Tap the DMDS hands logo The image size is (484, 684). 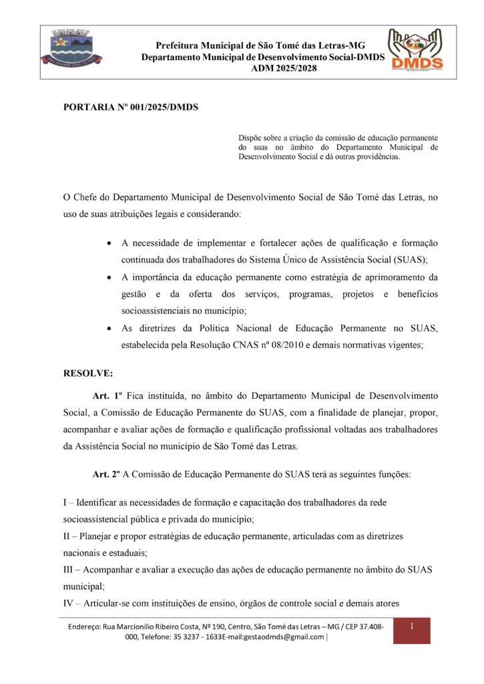(417, 49)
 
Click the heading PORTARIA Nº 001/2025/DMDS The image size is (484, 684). (131, 107)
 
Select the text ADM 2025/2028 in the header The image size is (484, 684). (279, 68)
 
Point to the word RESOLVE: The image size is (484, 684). (88, 373)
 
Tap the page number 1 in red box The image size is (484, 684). (412, 626)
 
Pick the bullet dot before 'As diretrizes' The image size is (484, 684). (109, 328)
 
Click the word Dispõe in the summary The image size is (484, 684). (251, 136)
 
